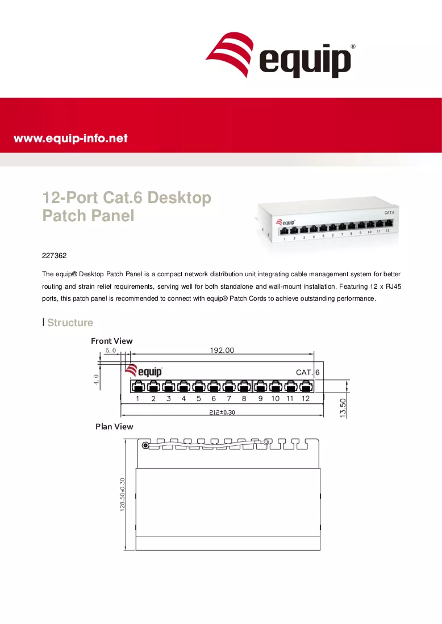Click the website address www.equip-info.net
[x=70, y=138]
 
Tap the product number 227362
[x=54, y=255]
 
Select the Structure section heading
[x=70, y=322]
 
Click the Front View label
[x=111, y=341]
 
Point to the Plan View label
[x=114, y=427]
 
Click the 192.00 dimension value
[x=222, y=350]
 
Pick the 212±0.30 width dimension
[x=222, y=412]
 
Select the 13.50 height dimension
[x=343, y=408]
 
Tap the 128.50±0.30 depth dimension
[x=122, y=494]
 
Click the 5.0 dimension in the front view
[x=110, y=351]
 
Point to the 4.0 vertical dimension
[x=96, y=380]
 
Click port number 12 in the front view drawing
[x=305, y=398]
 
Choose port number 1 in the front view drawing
[x=137, y=398]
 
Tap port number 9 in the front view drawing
[x=260, y=398]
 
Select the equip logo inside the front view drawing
[x=144, y=371]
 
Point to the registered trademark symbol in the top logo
[x=353, y=47]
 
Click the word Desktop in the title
[x=180, y=198]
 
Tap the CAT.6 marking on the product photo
[x=389, y=213]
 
